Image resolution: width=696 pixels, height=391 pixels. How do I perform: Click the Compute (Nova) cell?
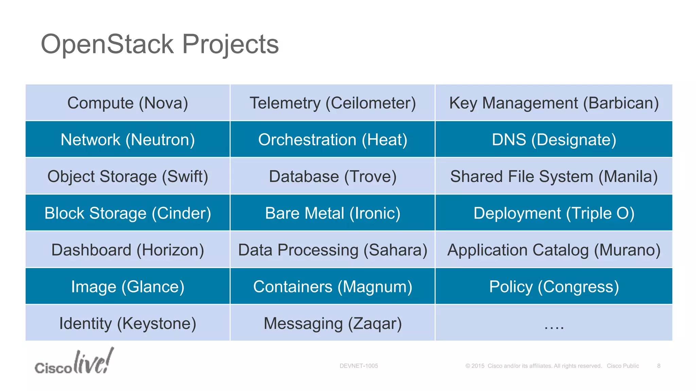[128, 103]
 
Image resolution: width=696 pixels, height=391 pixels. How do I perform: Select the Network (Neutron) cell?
[128, 139]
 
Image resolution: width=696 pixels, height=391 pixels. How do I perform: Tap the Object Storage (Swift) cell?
[128, 176]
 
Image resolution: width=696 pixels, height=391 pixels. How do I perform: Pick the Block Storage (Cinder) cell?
[128, 213]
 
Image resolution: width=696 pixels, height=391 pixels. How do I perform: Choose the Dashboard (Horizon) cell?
[128, 250]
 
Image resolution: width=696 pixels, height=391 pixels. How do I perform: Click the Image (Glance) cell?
[128, 286]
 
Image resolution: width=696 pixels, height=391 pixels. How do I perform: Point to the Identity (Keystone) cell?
[128, 323]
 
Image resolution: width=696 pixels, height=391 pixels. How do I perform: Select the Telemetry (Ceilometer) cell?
[333, 103]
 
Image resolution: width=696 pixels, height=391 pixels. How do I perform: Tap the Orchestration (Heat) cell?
[333, 139]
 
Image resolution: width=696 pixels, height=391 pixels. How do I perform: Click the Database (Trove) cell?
[333, 176]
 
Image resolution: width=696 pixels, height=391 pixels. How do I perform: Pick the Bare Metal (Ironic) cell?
[333, 213]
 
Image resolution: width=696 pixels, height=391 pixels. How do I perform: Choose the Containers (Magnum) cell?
[333, 286]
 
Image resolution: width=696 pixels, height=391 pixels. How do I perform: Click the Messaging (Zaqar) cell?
[333, 323]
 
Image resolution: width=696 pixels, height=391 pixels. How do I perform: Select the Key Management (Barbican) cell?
[554, 103]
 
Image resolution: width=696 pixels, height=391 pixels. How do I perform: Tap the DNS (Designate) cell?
[554, 139]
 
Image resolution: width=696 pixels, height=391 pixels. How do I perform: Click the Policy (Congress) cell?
[554, 286]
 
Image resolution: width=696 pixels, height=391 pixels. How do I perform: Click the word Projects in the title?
[230, 44]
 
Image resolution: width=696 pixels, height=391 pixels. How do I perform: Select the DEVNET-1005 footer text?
[359, 366]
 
